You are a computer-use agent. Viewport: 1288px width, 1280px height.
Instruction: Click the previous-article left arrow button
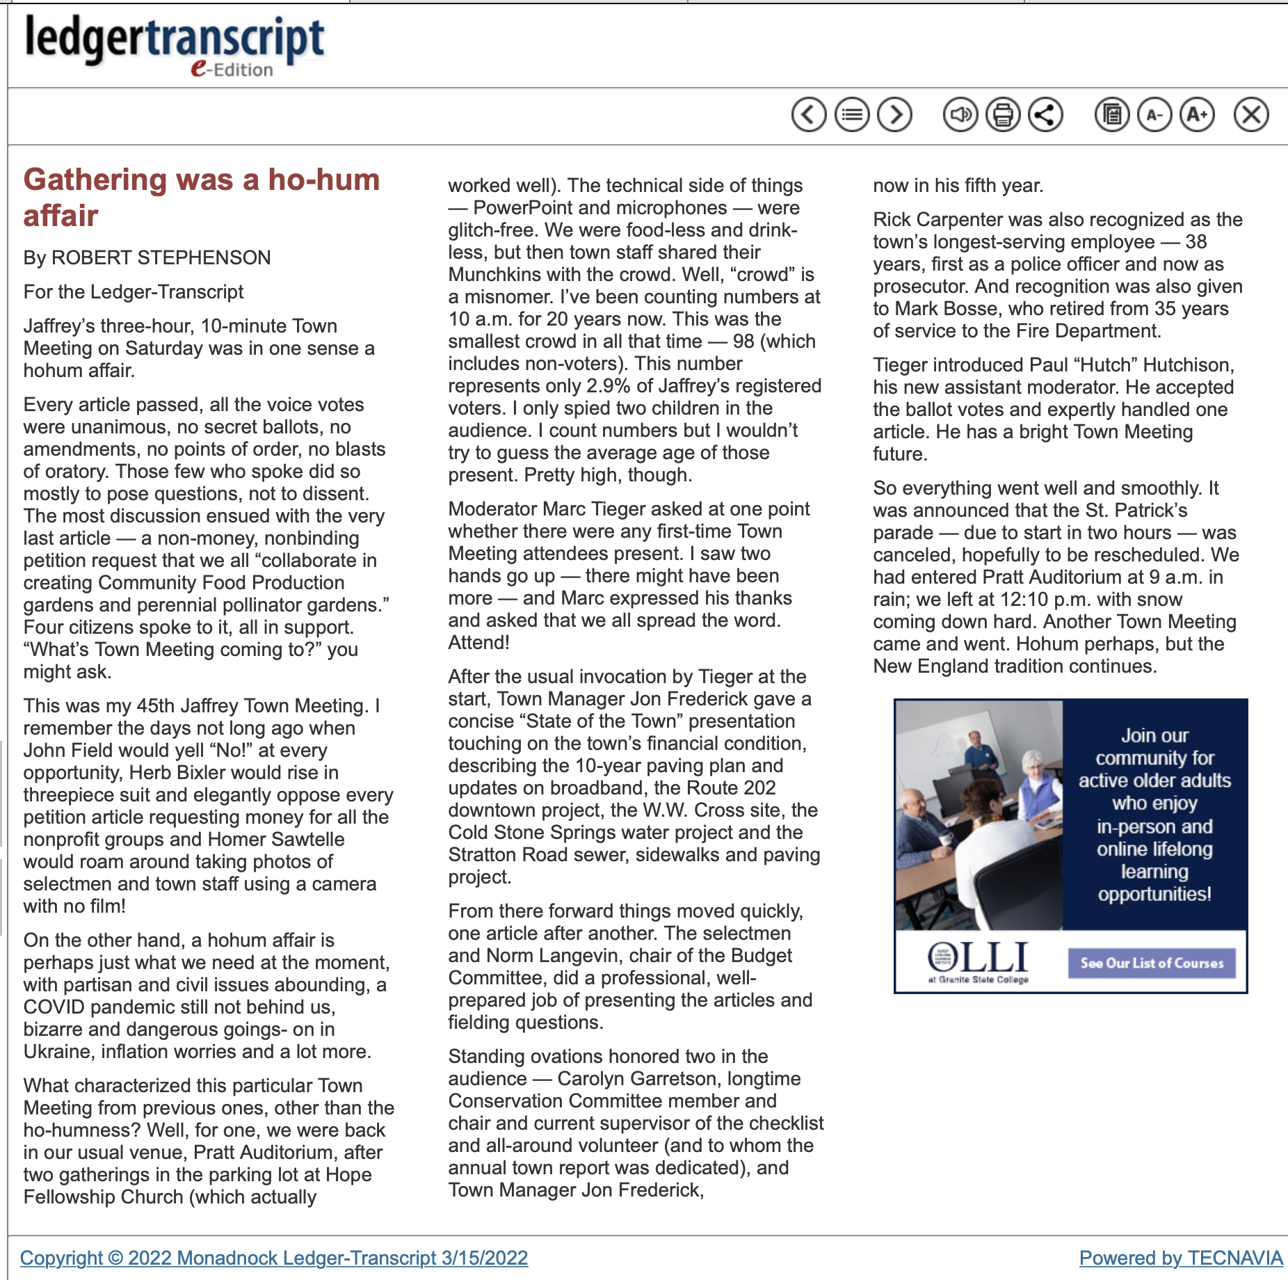(809, 115)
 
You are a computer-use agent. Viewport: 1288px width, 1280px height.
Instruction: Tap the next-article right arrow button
(894, 115)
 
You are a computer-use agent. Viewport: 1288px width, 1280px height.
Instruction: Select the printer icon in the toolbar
(1003, 115)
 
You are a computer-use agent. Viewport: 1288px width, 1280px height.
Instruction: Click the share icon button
(1045, 115)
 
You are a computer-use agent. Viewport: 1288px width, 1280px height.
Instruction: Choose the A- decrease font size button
(1154, 115)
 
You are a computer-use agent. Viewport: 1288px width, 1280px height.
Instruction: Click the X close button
(1251, 115)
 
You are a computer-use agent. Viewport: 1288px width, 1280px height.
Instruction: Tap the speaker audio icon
(960, 115)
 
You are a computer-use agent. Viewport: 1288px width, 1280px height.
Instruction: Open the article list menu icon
(852, 115)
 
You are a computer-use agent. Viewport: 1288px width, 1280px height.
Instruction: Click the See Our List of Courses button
(1152, 963)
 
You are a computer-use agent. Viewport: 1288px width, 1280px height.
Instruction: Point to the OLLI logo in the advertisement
(978, 961)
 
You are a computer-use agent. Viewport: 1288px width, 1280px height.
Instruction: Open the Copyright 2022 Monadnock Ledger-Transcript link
(273, 1258)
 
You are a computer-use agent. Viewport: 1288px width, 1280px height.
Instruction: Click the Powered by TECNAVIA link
(1180, 1258)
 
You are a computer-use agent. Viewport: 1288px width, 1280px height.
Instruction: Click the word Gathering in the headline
(95, 180)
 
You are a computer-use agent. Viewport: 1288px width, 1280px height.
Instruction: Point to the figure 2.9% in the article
(609, 386)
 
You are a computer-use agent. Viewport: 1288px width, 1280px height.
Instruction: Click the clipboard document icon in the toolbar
(1112, 115)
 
